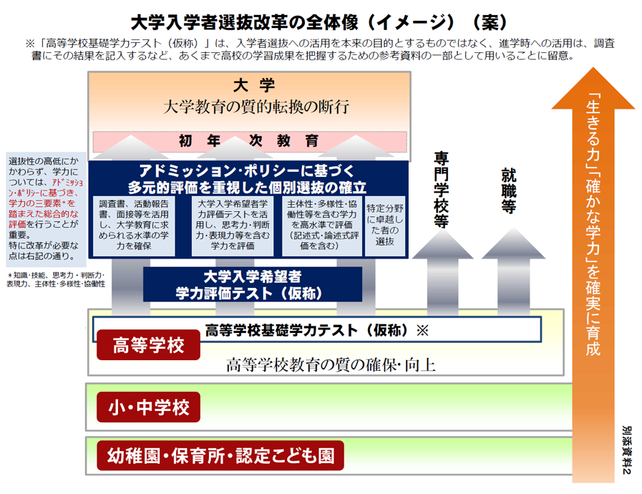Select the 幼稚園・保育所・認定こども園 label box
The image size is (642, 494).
coord(220,455)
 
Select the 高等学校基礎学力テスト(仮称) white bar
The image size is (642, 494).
coord(316,330)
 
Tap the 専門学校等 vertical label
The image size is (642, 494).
coord(441,189)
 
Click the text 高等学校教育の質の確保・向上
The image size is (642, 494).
coord(331,365)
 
